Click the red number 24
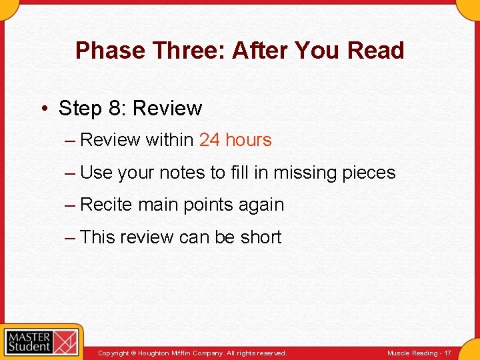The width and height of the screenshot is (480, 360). (x=209, y=140)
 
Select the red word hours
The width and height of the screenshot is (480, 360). (x=249, y=140)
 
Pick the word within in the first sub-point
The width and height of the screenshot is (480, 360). (x=169, y=140)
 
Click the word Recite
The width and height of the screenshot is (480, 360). (x=106, y=205)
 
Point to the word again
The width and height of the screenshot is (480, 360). (x=262, y=205)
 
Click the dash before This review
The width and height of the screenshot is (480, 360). (x=70, y=237)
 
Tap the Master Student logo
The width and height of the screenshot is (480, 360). (x=41, y=342)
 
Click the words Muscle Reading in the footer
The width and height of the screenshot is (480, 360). (x=413, y=353)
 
